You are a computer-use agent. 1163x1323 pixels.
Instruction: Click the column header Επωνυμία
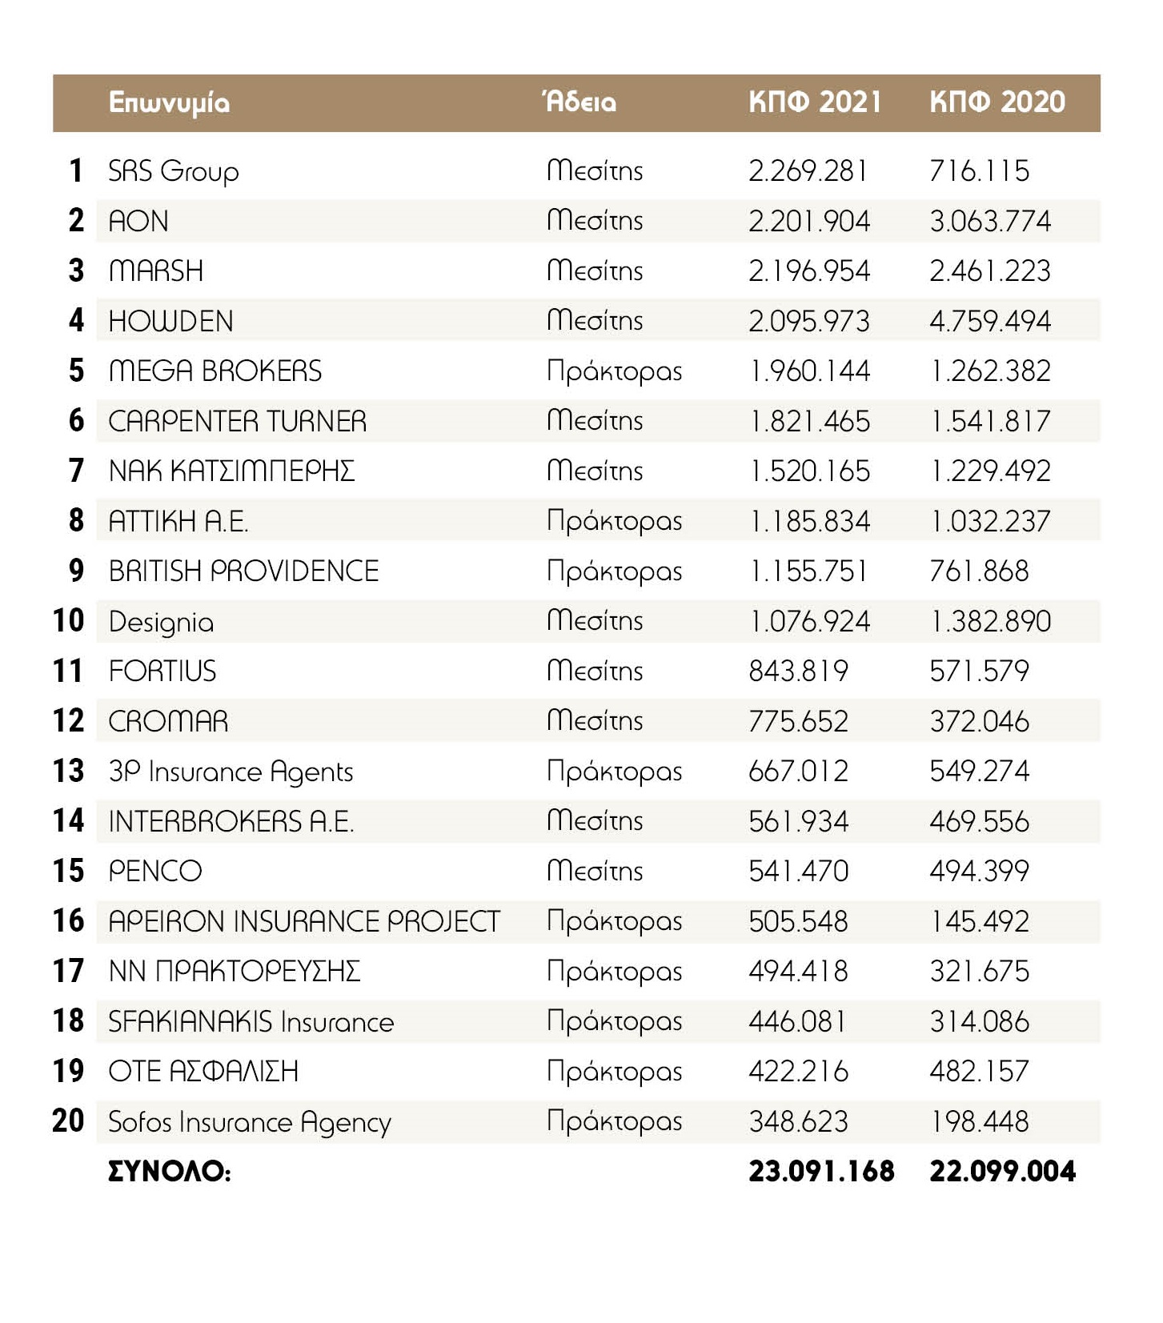tap(169, 103)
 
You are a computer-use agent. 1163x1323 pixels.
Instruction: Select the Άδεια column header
tap(579, 102)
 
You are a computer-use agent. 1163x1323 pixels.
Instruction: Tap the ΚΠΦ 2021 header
tap(815, 102)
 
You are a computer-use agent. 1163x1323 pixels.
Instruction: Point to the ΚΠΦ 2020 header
tap(997, 102)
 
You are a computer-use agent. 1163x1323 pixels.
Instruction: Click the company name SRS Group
tap(173, 171)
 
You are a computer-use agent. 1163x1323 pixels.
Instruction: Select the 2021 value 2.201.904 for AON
tap(808, 221)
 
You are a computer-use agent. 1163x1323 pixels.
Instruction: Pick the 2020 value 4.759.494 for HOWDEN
tap(990, 321)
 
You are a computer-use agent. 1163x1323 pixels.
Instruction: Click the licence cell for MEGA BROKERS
tap(614, 371)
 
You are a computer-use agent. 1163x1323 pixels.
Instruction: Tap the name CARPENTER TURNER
tap(237, 421)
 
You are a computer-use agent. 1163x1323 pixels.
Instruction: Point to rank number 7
tap(76, 470)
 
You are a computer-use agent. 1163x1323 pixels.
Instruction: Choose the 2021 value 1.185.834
tap(808, 521)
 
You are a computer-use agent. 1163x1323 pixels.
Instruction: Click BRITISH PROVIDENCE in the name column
tap(243, 571)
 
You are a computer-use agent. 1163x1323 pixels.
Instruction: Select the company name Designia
tap(161, 622)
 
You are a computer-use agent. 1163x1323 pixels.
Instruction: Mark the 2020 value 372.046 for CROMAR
tap(979, 721)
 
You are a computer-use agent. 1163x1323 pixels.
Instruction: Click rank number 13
tap(68, 771)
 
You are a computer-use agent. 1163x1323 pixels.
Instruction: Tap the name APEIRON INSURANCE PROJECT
tap(304, 921)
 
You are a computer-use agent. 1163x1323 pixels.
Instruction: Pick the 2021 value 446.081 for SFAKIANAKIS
tap(797, 1021)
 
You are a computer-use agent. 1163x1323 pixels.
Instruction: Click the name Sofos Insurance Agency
tap(249, 1122)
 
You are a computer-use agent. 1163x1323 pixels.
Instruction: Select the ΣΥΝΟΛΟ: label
tap(170, 1172)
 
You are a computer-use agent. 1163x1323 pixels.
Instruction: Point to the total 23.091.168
tap(821, 1172)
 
